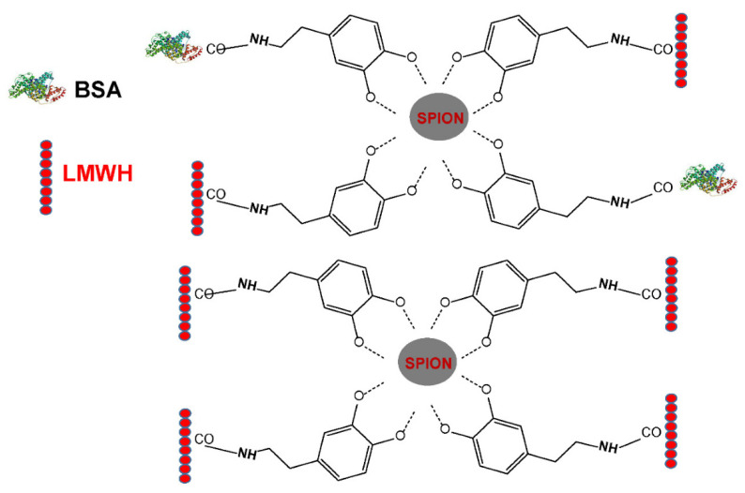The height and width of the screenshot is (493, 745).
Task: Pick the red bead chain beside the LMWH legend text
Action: click(x=45, y=177)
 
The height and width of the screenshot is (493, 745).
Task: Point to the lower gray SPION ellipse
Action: click(x=429, y=361)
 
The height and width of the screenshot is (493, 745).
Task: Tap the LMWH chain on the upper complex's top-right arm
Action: click(x=682, y=50)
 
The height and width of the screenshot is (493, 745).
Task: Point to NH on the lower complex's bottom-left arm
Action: click(x=249, y=455)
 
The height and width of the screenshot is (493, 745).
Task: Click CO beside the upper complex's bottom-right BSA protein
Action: click(x=662, y=187)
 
